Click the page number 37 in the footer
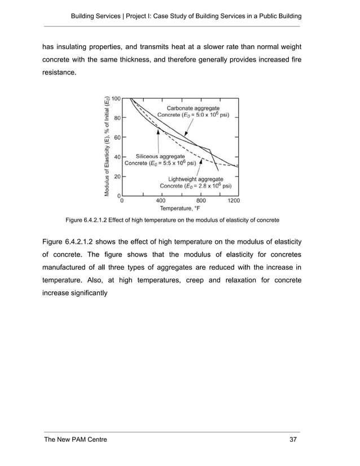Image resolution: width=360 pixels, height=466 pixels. tap(293, 438)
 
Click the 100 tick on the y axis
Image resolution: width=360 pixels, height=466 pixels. tap(115, 98)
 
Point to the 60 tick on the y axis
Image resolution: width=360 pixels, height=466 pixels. tap(116, 137)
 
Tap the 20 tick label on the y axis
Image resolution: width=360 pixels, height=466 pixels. tap(116, 176)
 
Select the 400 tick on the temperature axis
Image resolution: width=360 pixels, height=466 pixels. tap(160, 200)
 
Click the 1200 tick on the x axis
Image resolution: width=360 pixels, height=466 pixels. tap(234, 200)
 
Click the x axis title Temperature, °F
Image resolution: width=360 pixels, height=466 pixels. tap(179, 208)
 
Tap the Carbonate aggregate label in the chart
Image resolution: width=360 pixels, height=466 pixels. tap(193, 107)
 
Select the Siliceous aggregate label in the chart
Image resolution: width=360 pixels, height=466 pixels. tap(160, 156)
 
